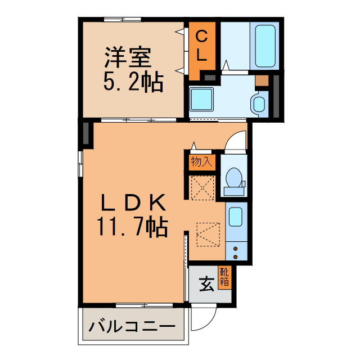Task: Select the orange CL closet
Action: point(201,50)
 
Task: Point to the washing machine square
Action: point(201,100)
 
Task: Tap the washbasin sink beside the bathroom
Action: point(259,103)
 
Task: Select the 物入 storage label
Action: point(201,163)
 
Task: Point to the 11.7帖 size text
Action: point(133,226)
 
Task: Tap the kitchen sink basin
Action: point(236,217)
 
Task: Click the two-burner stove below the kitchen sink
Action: point(236,248)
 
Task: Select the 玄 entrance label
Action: point(206,285)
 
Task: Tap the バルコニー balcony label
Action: point(132,327)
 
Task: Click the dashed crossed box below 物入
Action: point(202,187)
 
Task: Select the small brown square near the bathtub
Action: point(262,80)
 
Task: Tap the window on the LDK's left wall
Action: point(80,164)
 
